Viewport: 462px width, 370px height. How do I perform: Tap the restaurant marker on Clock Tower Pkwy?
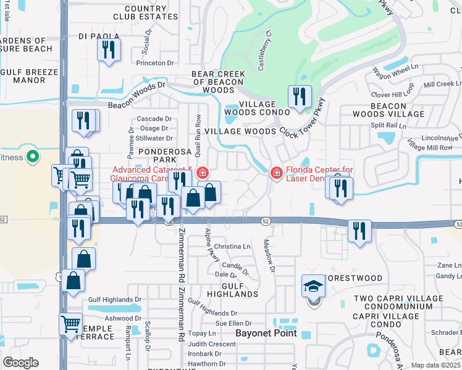(x=299, y=97)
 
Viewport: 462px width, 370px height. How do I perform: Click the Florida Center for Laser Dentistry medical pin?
(x=276, y=172)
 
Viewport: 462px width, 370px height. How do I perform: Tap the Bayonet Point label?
(x=266, y=333)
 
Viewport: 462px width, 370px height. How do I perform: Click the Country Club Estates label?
(x=151, y=13)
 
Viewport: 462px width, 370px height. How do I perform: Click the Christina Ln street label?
(x=231, y=246)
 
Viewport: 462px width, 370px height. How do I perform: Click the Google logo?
(x=20, y=363)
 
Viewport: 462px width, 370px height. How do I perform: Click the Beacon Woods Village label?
(x=388, y=110)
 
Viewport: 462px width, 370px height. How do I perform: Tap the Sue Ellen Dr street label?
(x=233, y=323)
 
